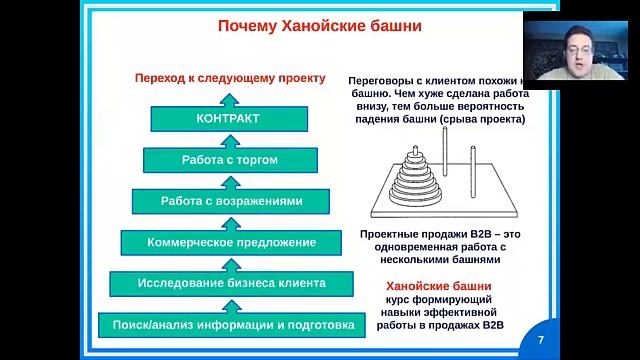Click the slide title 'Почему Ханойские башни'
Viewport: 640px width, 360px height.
317,26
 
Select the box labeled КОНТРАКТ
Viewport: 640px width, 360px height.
228,119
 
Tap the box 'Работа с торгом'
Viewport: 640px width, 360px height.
230,160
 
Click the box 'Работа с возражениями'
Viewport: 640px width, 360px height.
231,201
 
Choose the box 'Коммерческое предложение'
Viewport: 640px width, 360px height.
231,242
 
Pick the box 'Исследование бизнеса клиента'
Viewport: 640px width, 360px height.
231,283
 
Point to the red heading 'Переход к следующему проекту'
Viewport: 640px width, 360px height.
230,77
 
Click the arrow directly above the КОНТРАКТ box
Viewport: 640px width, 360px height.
229,97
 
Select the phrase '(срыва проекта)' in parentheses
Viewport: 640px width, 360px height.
482,119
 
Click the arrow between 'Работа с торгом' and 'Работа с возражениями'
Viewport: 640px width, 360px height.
229,180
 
